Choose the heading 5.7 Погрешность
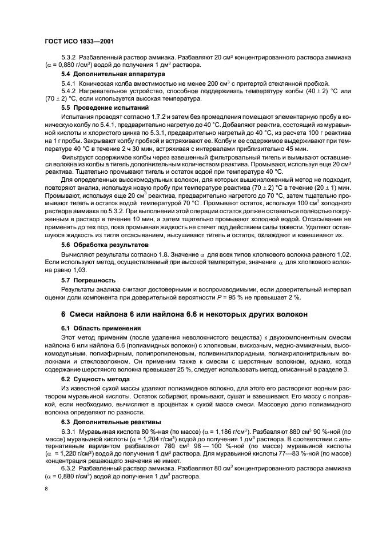[84, 281]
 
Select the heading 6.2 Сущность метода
[90, 379]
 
